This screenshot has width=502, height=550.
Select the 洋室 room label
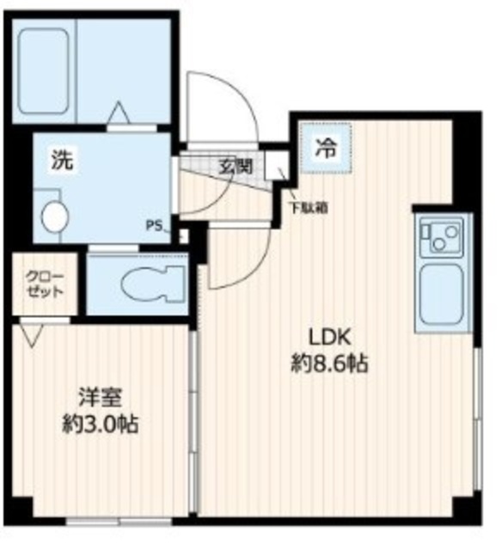point(101,397)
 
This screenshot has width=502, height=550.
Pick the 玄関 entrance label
point(230,167)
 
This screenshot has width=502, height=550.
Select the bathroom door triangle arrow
point(119,113)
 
